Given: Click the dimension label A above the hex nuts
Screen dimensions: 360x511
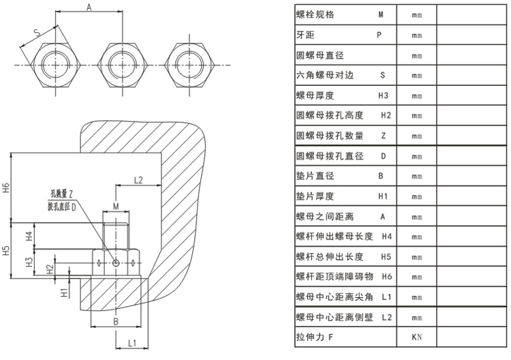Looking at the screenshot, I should coord(89,7).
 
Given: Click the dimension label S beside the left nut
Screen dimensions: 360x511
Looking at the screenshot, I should coord(35,31).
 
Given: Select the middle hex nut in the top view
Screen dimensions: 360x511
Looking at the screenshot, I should coord(122,63).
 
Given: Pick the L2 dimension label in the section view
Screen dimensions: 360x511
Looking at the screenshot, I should coord(138,180).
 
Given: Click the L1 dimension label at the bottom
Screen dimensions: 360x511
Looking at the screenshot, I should coord(134,343).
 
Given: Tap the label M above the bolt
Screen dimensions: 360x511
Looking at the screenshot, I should coord(116,205).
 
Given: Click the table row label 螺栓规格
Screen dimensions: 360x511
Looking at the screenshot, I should coord(315,14).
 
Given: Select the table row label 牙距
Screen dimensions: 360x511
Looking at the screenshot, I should coord(305,34).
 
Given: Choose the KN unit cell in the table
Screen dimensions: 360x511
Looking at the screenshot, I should coord(417,337).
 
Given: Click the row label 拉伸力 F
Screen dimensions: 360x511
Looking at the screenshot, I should coord(314,337).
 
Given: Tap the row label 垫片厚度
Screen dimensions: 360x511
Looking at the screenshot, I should coord(315,196).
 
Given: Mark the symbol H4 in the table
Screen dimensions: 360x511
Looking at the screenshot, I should coord(386,236).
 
